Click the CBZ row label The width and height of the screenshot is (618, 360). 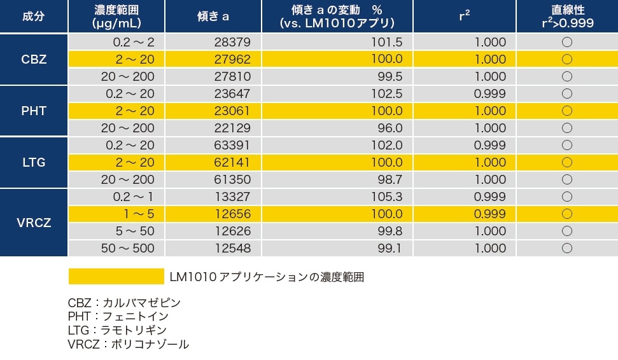coord(34,59)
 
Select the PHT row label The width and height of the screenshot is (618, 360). coord(34,111)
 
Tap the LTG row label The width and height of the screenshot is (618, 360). coord(34,162)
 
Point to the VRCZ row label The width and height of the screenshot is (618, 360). coord(34,223)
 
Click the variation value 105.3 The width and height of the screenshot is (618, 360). coord(386,197)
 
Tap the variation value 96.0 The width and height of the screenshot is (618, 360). coord(390,128)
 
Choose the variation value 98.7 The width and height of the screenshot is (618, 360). coord(390,179)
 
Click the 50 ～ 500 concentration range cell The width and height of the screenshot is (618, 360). coord(127,248)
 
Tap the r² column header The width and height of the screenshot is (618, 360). coord(464,17)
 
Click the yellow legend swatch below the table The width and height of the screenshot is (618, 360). coord(116,277)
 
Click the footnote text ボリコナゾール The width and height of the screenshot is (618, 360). coord(150,344)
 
